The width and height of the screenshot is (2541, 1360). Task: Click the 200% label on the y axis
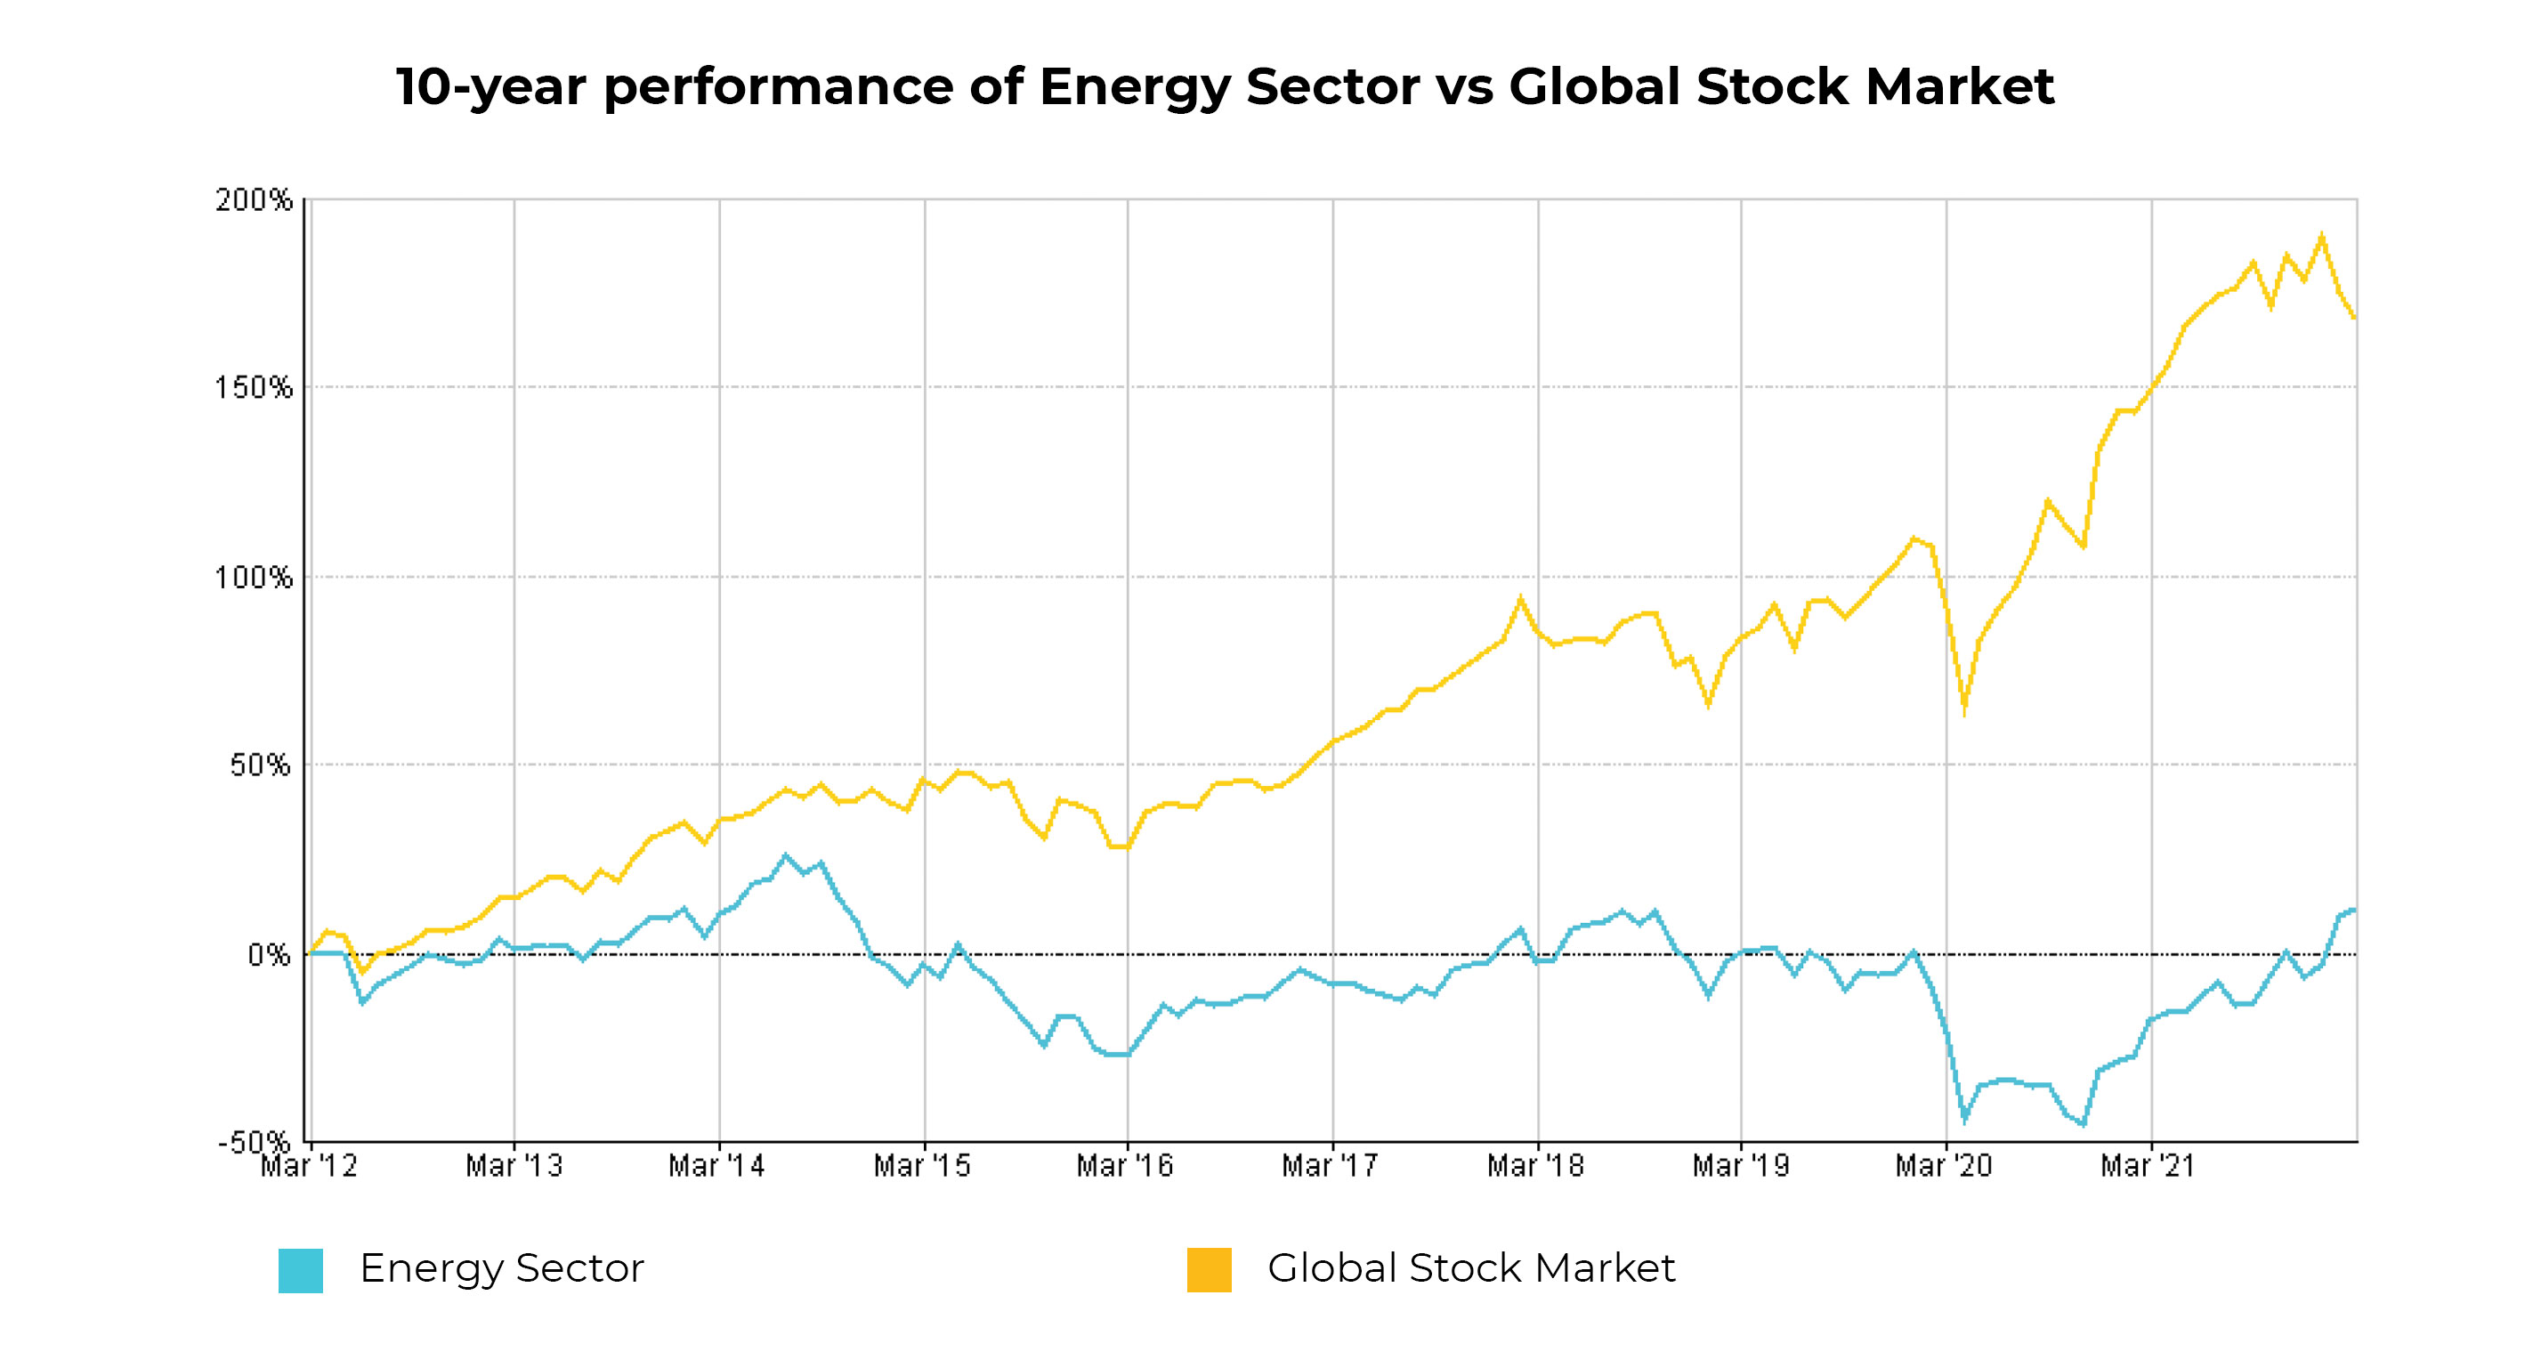pos(255,200)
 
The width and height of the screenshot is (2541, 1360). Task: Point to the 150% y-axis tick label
pos(255,387)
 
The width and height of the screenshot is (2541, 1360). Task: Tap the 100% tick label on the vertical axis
pos(255,577)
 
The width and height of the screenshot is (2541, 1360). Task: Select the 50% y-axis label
pos(261,765)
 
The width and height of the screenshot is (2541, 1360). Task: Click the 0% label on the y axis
pos(268,955)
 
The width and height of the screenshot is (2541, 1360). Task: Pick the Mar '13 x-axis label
pos(514,1166)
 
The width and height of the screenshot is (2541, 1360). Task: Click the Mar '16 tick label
pos(1124,1166)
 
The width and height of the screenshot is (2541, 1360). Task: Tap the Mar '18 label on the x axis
pos(1535,1166)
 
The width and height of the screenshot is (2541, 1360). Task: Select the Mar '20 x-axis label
pos(1943,1166)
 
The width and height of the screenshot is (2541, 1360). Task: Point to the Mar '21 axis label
pos(2148,1166)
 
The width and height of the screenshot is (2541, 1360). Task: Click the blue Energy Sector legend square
pos(301,1270)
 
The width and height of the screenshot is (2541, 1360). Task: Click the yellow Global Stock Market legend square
pos(1210,1269)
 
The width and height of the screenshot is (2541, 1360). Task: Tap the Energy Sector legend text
pos(501,1268)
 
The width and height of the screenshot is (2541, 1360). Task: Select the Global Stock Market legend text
pos(1470,1268)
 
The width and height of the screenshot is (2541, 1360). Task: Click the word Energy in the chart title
pos(1135,87)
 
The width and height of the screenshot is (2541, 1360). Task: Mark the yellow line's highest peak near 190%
pos(2322,236)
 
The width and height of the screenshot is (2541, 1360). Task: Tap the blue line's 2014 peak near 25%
pos(786,855)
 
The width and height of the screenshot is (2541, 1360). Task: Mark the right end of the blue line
pos(2353,910)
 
